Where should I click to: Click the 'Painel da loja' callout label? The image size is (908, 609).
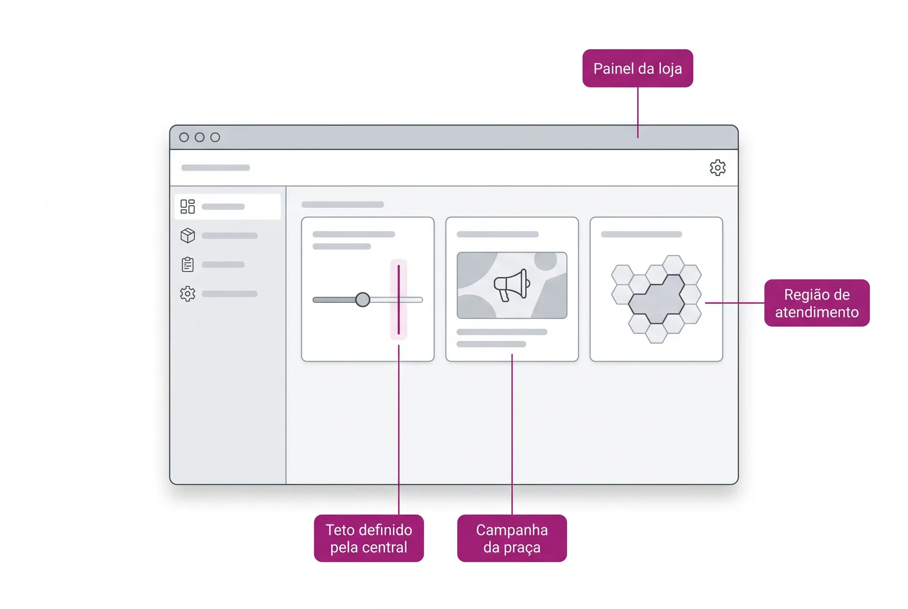pyautogui.click(x=637, y=68)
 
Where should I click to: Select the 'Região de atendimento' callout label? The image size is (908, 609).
pyautogui.click(x=817, y=303)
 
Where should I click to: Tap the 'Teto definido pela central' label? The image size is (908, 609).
pyautogui.click(x=369, y=538)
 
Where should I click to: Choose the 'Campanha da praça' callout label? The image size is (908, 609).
pyautogui.click(x=512, y=538)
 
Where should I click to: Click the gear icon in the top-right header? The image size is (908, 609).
pyautogui.click(x=717, y=167)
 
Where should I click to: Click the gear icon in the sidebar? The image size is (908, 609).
pyautogui.click(x=188, y=294)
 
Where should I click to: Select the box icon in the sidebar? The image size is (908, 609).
pyautogui.click(x=188, y=236)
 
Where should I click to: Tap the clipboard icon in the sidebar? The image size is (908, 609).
pyautogui.click(x=188, y=264)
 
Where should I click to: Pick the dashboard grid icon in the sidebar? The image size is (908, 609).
pyautogui.click(x=188, y=206)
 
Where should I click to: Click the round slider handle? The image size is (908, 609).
pyautogui.click(x=362, y=300)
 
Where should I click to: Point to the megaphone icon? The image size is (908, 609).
pyautogui.click(x=512, y=285)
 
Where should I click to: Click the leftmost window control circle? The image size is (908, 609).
pyautogui.click(x=184, y=137)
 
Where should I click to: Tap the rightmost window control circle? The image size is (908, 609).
pyautogui.click(x=215, y=137)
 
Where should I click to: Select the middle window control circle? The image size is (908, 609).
pyautogui.click(x=199, y=137)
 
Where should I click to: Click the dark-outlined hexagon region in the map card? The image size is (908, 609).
pyautogui.click(x=656, y=300)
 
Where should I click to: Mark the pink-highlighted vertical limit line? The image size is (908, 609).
pyautogui.click(x=399, y=300)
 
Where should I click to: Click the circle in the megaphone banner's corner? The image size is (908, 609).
pyautogui.click(x=545, y=261)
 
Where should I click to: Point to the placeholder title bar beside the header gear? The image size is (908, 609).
pyautogui.click(x=216, y=167)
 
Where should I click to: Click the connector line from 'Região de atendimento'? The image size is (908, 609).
pyautogui.click(x=735, y=303)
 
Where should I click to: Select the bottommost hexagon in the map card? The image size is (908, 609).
pyautogui.click(x=656, y=333)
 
